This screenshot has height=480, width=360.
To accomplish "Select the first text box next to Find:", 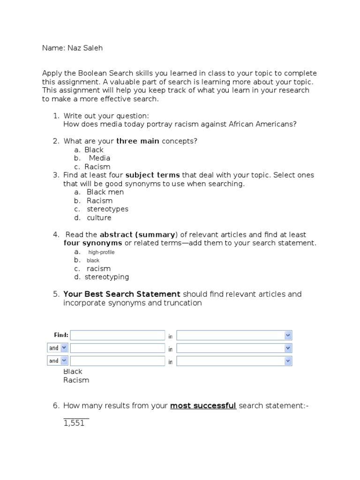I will pyautogui.click(x=117, y=335).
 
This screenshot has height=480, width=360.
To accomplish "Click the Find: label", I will pyautogui.click(x=61, y=335).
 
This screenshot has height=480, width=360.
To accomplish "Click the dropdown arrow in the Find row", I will pyautogui.click(x=288, y=335).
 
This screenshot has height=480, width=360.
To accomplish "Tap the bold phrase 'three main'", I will pyautogui.click(x=138, y=141).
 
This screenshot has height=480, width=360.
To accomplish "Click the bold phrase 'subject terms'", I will pyautogui.click(x=153, y=175).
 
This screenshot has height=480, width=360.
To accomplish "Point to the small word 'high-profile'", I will pyautogui.click(x=101, y=252).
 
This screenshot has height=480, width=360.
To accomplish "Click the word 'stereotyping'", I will pyautogui.click(x=107, y=277).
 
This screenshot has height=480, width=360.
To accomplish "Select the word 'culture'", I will pyautogui.click(x=99, y=217).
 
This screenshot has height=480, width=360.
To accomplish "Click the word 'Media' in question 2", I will pyautogui.click(x=99, y=158).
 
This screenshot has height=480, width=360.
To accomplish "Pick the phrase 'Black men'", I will pyautogui.click(x=105, y=192).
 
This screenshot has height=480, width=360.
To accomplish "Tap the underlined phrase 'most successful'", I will pyautogui.click(x=203, y=405).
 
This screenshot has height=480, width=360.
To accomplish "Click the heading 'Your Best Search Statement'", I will pyautogui.click(x=121, y=294).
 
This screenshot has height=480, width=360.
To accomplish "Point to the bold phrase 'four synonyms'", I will pyautogui.click(x=93, y=243).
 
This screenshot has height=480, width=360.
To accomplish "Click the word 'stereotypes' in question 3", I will pyautogui.click(x=107, y=209).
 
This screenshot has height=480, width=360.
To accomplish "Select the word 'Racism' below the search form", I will pyautogui.click(x=76, y=380).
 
